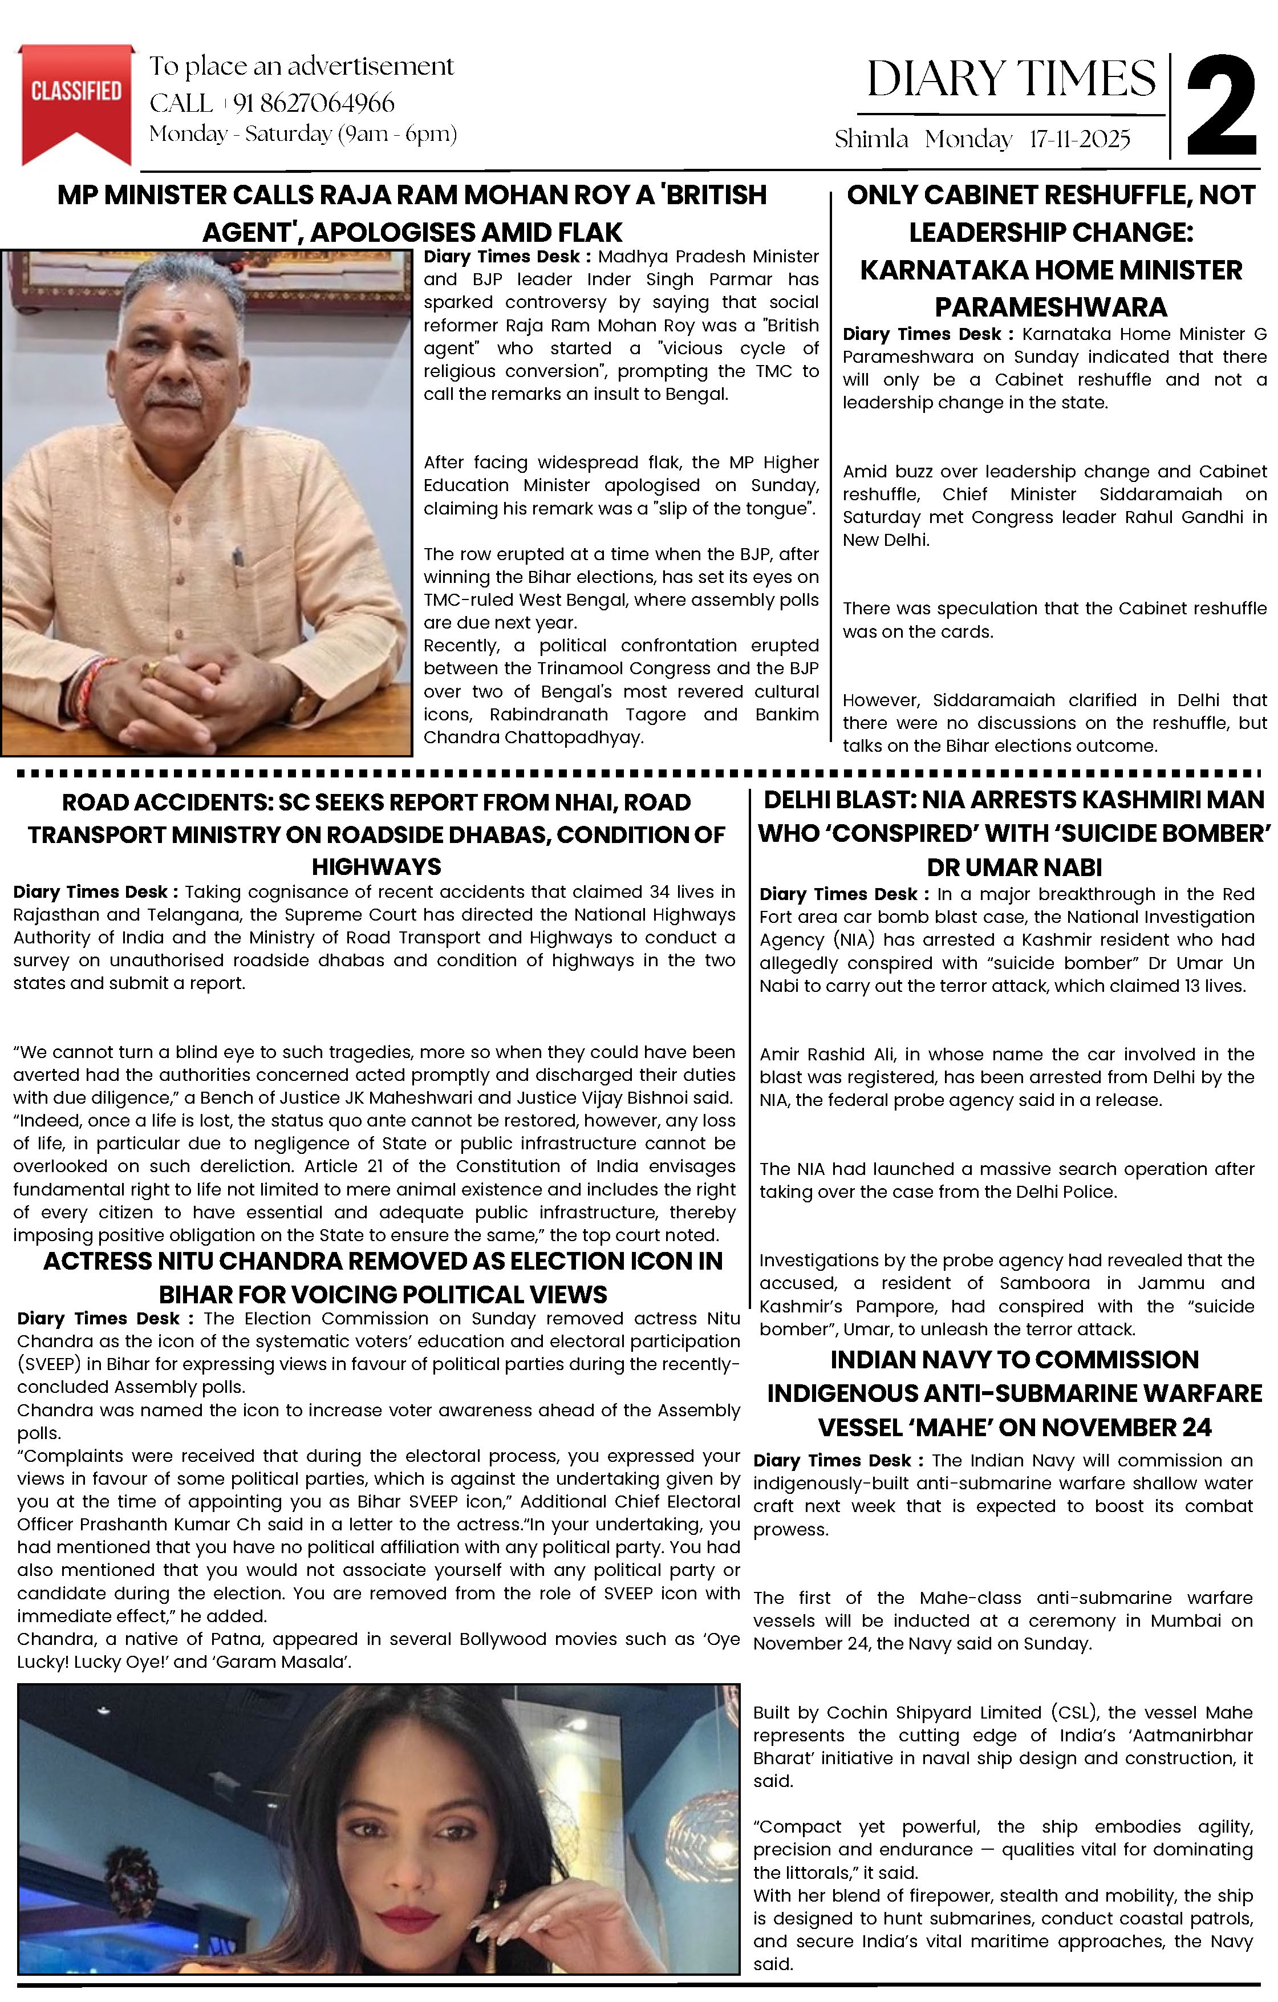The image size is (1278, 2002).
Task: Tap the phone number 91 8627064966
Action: pos(314,103)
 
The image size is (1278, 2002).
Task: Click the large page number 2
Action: pos(1220,107)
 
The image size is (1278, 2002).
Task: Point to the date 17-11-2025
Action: pos(1080,139)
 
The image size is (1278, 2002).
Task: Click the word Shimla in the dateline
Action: pos(871,139)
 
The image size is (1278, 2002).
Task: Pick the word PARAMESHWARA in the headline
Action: pos(1050,307)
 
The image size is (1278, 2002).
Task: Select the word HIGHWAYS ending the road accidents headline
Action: pos(376,867)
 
